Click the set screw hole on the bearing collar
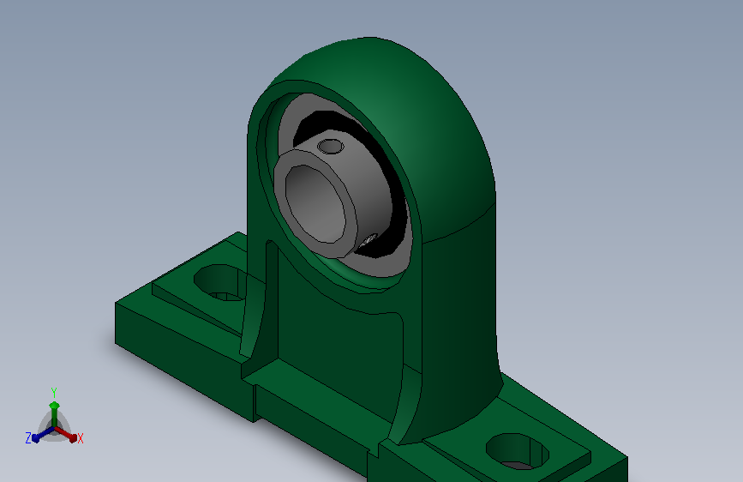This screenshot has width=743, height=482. point(330,147)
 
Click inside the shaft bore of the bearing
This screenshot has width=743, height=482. point(315,204)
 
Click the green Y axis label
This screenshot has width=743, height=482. point(54,392)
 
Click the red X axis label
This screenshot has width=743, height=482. point(80,438)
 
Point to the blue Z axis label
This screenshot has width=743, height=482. point(28,438)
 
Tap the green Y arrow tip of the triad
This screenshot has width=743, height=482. point(54,405)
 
